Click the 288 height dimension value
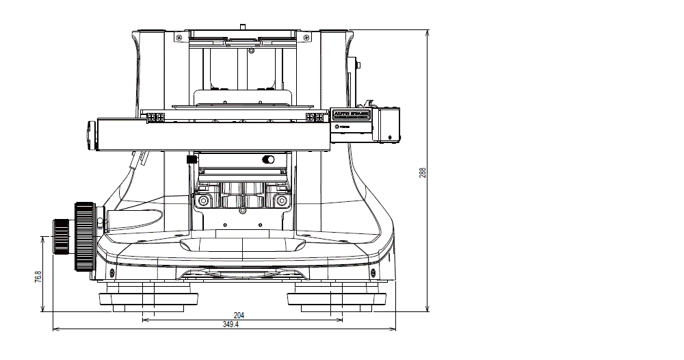coord(423,173)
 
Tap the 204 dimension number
coord(239,316)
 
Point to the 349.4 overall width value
coord(231,324)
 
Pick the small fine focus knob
coord(60,235)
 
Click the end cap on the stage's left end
coord(91,134)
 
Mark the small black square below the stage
coord(192,159)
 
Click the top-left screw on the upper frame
coord(179,36)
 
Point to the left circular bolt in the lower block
coord(202,201)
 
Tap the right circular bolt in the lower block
coord(279,201)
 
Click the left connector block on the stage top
coord(155,118)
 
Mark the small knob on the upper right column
coord(359,65)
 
